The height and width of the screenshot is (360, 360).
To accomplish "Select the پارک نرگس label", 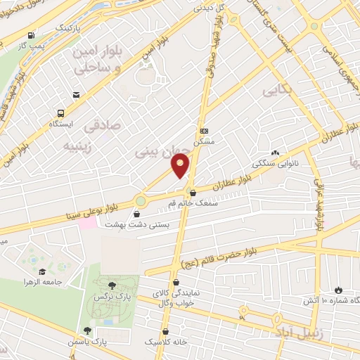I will [110, 297].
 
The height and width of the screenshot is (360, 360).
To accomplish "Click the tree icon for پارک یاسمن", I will [87, 330].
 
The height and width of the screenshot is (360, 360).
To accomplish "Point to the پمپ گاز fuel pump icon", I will [30, 36].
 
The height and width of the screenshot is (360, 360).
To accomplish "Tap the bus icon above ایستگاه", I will [61, 112].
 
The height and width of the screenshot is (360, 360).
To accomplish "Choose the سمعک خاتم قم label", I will [191, 203].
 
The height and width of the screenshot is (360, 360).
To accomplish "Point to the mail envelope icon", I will [76, 94].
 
